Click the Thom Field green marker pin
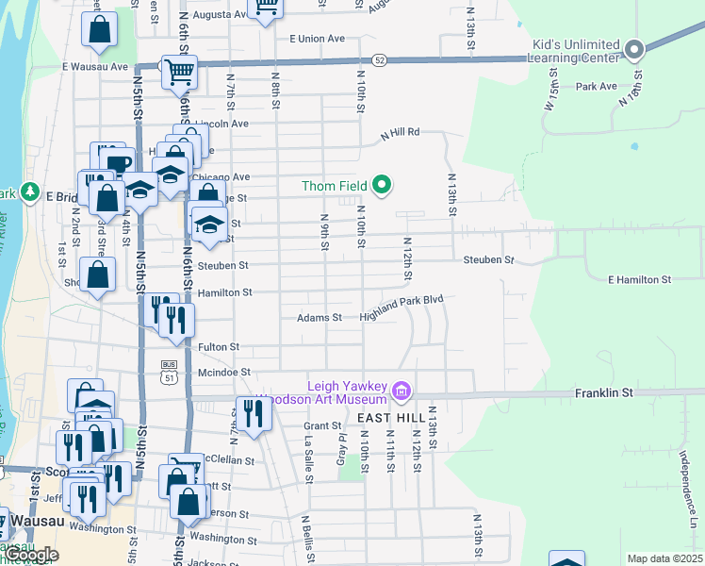[x=382, y=185]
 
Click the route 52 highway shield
[x=378, y=59]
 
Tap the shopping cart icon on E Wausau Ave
[x=178, y=71]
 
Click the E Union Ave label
[x=318, y=39]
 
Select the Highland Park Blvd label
[x=401, y=318]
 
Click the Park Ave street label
[x=596, y=87]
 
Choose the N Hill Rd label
[x=399, y=133]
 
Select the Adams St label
[x=320, y=318]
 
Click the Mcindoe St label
[x=224, y=374]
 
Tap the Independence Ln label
[x=685, y=495]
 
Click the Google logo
[x=30, y=555]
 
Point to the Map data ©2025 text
[x=664, y=558]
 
